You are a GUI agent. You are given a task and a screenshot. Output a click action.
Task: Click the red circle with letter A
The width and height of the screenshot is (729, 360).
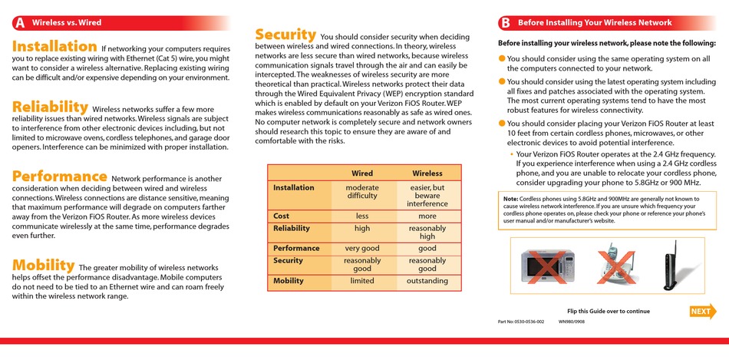tap(19, 23)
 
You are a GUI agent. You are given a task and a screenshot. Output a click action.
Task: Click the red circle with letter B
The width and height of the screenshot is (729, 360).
tap(505, 23)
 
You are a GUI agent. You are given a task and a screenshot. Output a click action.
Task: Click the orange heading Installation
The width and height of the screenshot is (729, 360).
tap(54, 47)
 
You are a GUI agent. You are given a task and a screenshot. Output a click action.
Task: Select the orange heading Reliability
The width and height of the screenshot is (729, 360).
tap(51, 107)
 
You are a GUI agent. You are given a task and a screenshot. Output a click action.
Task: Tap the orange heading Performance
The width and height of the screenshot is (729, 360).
tap(59, 177)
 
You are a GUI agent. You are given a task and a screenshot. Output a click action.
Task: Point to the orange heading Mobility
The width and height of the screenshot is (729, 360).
tap(43, 265)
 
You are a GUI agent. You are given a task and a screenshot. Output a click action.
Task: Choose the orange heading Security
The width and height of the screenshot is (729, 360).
tap(285, 35)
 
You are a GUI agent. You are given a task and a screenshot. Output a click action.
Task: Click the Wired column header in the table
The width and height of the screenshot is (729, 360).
tap(362, 173)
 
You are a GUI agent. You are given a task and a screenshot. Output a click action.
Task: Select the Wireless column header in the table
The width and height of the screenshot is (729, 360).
tap(427, 173)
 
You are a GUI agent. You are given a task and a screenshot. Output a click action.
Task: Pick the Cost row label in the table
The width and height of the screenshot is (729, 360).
tap(282, 216)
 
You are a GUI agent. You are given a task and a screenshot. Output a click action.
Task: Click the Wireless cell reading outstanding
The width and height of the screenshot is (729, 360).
tap(427, 281)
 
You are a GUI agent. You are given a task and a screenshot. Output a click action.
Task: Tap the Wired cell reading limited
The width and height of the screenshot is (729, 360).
tap(362, 281)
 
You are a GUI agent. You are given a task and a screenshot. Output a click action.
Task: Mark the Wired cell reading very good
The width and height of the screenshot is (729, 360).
tap(362, 249)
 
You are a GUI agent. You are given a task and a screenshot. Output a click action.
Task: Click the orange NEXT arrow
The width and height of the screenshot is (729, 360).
tap(702, 311)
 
